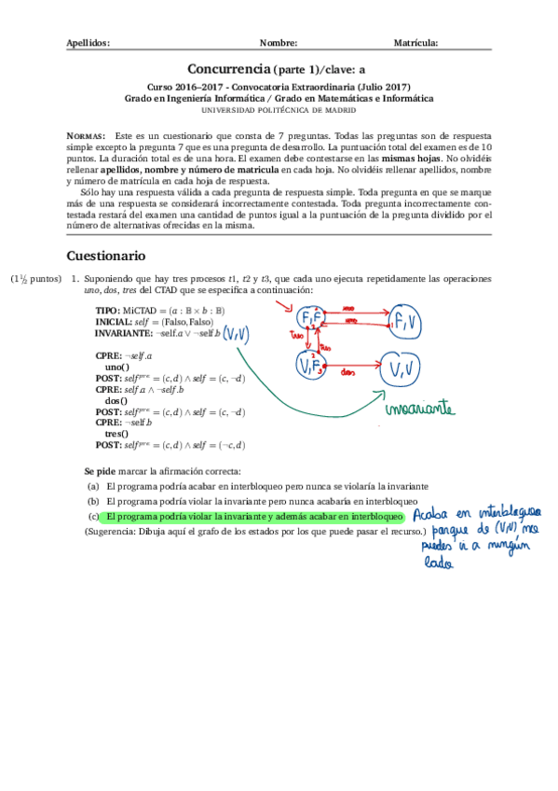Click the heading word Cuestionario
point(105,256)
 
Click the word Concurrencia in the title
point(229,69)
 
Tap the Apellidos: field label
point(88,43)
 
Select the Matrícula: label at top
point(416,43)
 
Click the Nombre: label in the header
point(279,43)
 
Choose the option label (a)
point(93,487)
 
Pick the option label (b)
point(93,501)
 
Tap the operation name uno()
point(117,367)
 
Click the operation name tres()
point(117,434)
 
